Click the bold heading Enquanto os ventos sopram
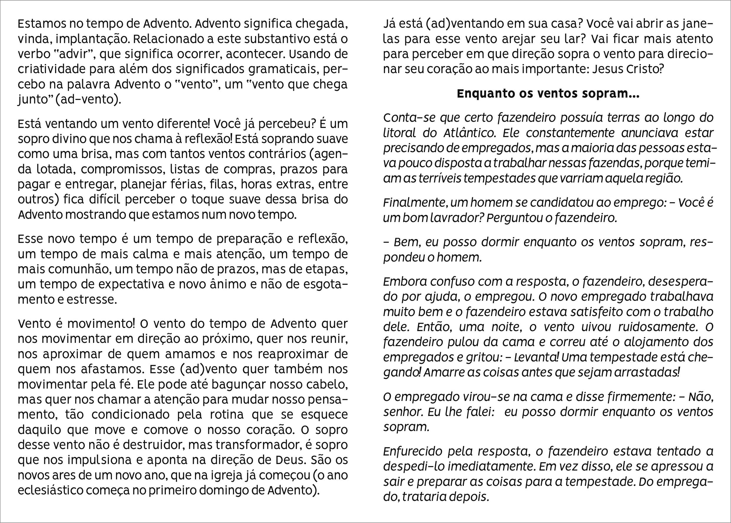point(548,94)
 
